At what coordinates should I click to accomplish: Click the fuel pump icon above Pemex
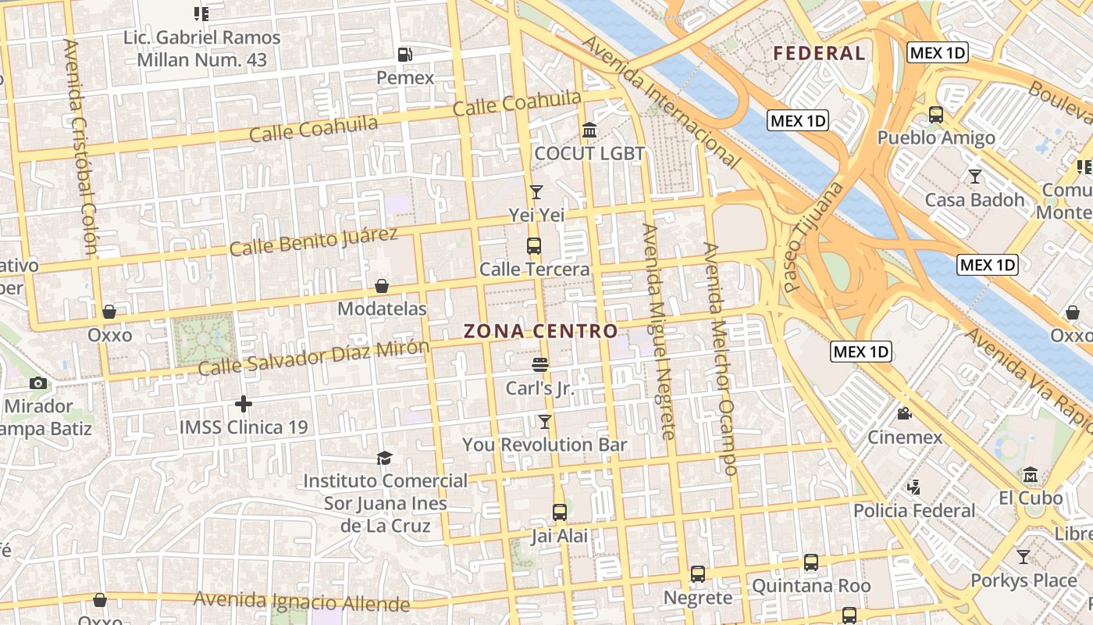pos(405,55)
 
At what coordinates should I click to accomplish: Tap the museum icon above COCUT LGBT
pos(589,130)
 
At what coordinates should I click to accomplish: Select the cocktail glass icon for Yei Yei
pos(536,191)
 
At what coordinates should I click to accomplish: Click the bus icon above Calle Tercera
pos(534,246)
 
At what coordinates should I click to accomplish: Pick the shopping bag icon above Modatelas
pos(382,286)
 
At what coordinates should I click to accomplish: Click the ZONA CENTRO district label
pos(540,331)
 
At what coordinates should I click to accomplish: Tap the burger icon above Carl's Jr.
pos(539,365)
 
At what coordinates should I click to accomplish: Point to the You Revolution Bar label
pos(545,445)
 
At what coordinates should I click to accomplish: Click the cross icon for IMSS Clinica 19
pos(244,404)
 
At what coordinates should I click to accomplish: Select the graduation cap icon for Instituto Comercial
pos(384,458)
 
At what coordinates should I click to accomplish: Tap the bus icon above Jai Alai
pos(560,512)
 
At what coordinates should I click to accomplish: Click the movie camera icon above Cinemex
pos(905,414)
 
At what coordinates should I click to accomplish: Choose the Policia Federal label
pos(914,511)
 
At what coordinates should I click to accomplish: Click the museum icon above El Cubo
pos(1031,475)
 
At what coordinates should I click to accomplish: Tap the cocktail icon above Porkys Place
pos(1023,557)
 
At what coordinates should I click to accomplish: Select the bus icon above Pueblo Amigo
pos(936,115)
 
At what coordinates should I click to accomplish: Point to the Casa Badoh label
pos(974,200)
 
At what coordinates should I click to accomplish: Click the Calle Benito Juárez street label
pos(314,241)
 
